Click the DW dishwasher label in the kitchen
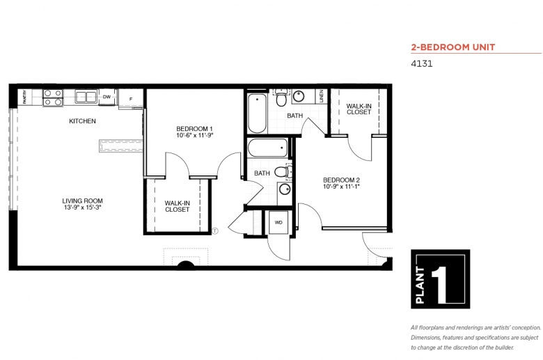(107, 97)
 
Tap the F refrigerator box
(131, 99)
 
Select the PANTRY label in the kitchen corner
(24, 97)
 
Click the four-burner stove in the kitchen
(53, 97)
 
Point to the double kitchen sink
(86, 97)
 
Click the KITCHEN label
(82, 121)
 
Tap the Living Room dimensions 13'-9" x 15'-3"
(82, 208)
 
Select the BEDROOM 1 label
(194, 129)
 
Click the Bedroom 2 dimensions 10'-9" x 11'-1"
(341, 187)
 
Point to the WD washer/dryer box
(278, 222)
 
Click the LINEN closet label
(322, 96)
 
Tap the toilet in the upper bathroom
(281, 98)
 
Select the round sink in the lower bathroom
(285, 189)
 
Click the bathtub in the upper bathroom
(258, 114)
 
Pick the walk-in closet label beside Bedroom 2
(359, 109)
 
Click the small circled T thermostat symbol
(215, 230)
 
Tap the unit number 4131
(422, 64)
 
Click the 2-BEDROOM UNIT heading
(453, 47)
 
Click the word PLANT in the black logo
(420, 285)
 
